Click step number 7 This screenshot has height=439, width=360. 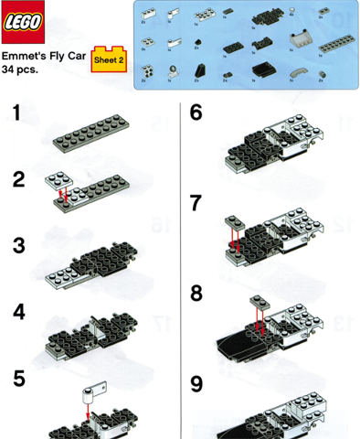tap(196, 203)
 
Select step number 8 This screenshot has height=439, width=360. tap(196, 294)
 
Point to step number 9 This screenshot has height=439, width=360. tap(196, 384)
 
